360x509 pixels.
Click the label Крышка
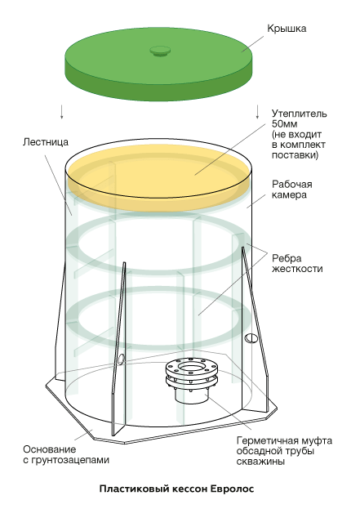(287, 29)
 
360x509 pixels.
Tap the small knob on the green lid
(160, 51)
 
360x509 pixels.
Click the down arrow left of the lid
(61, 112)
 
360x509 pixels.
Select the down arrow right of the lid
(258, 112)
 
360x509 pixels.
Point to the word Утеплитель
(300, 114)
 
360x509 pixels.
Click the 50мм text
(285, 124)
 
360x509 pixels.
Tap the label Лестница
(46, 142)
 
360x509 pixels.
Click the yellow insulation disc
(158, 177)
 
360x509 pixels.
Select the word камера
(289, 195)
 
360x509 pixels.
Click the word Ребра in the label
(287, 258)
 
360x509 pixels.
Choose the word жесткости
(297, 269)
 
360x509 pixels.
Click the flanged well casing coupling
(191, 378)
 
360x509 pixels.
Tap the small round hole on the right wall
(251, 338)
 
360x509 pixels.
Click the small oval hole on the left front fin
(121, 359)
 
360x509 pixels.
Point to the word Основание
(50, 449)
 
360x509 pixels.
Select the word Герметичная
(268, 441)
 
